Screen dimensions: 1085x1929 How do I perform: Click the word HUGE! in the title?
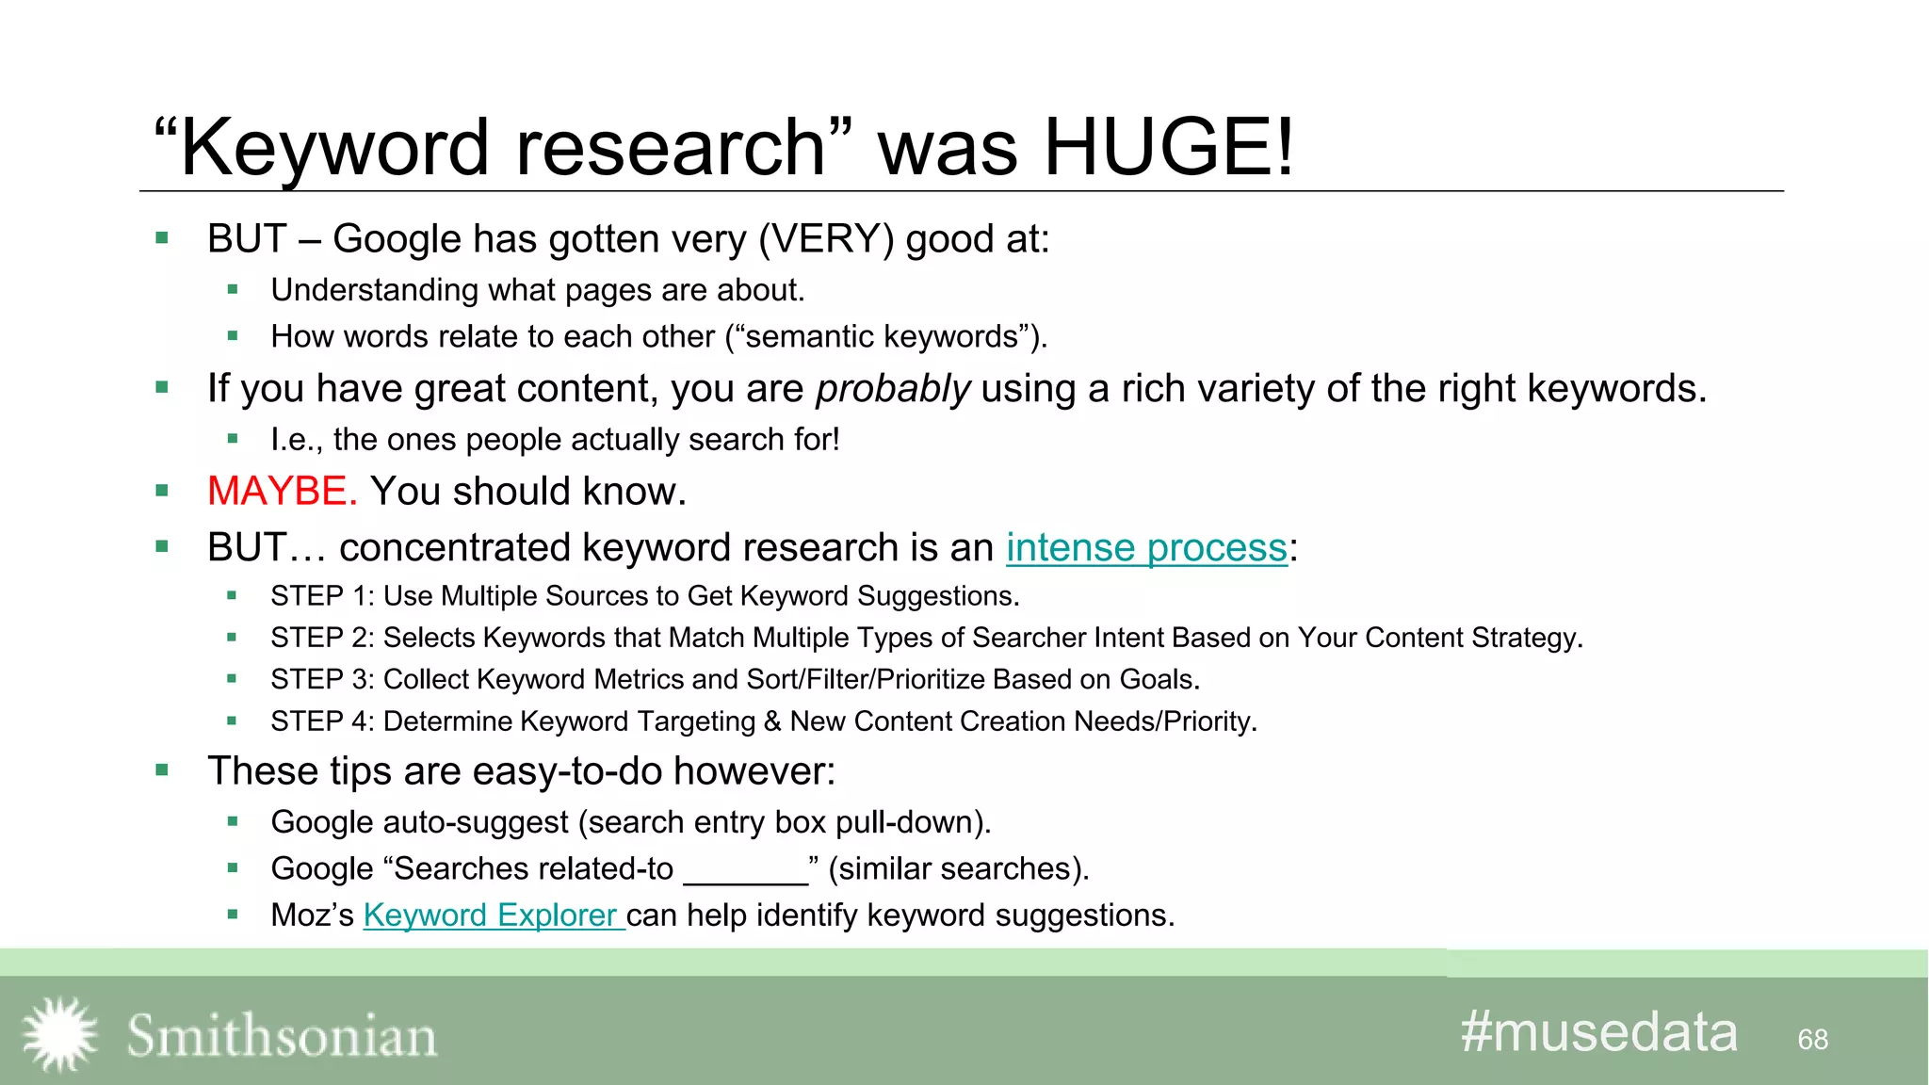tap(1169, 148)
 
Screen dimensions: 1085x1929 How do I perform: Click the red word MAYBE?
tap(282, 492)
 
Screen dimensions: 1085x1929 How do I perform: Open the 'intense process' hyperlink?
tap(1145, 548)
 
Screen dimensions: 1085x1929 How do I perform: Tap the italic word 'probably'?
tap(892, 389)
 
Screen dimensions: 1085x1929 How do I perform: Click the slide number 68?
tap(1812, 1040)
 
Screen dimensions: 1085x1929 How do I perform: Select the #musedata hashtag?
tap(1598, 1032)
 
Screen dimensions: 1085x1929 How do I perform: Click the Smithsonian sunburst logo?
tap(60, 1034)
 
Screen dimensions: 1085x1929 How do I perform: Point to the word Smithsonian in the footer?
tap(282, 1036)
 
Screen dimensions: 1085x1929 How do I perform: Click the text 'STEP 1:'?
tap(322, 596)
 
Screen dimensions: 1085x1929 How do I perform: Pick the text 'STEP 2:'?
tap(322, 639)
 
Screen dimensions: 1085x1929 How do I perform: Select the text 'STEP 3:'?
tap(322, 680)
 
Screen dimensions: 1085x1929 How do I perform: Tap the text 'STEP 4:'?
tap(322, 721)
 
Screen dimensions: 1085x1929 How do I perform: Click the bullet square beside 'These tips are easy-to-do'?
tap(162, 770)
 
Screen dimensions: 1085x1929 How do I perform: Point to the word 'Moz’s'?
tap(312, 915)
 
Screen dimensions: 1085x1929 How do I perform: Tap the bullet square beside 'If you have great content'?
tap(162, 387)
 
